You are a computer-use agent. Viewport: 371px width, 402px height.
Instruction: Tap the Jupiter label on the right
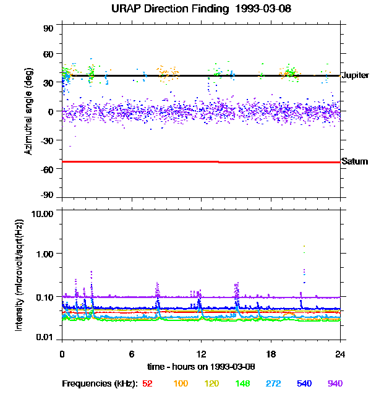tap(355, 75)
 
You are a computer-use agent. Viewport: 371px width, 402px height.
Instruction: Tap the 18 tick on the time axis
tap(271, 354)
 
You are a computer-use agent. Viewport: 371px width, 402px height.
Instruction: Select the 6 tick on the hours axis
tap(132, 354)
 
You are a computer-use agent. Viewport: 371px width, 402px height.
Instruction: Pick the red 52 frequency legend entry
tap(147, 383)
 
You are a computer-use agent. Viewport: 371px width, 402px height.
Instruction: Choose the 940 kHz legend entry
tap(334, 383)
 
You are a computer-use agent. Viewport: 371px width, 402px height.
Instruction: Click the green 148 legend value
tap(242, 383)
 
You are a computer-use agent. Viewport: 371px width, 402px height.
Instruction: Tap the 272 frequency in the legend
tap(273, 383)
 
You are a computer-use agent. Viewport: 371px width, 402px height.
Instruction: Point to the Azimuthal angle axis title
tap(29, 111)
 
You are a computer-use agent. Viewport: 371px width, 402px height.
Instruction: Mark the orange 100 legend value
tap(181, 383)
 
